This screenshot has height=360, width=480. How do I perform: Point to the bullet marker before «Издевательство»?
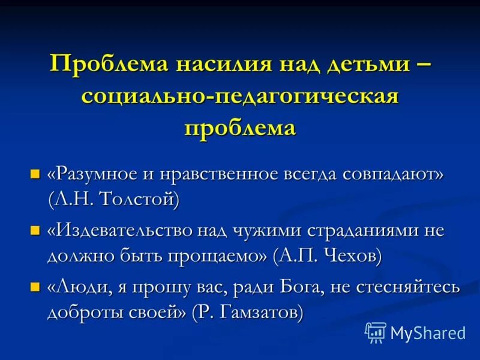pyautogui.click(x=35, y=230)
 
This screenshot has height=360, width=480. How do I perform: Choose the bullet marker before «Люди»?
pyautogui.click(x=35, y=286)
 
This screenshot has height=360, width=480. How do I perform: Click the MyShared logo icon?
pyautogui.click(x=376, y=332)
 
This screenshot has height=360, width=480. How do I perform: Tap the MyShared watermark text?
pyautogui.click(x=427, y=333)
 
